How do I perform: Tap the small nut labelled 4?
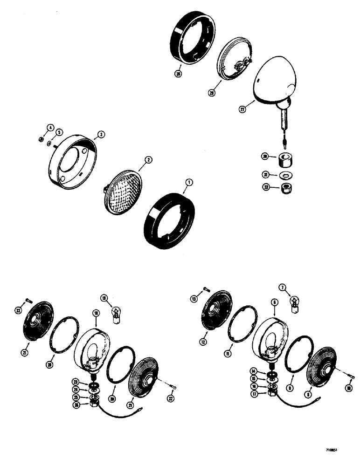(41, 138)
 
